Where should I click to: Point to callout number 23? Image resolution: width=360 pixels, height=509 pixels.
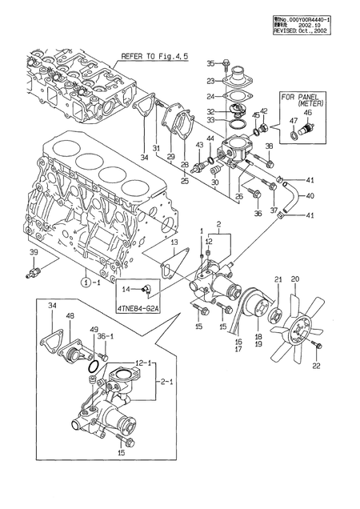point(210,81)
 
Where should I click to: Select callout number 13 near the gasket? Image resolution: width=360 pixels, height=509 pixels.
point(174,241)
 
